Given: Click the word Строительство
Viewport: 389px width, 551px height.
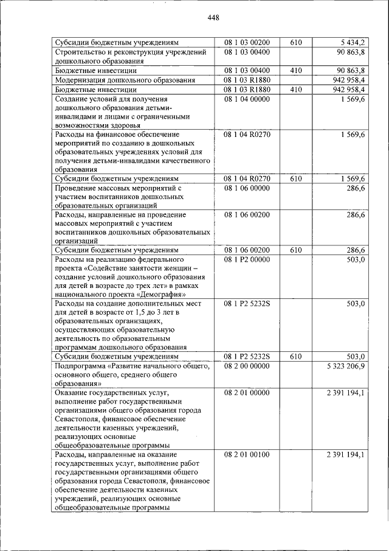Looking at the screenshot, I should [78, 52].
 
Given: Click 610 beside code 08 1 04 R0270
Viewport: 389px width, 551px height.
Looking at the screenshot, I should [296, 179].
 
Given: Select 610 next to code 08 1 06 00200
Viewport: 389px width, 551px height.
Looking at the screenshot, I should [296, 250].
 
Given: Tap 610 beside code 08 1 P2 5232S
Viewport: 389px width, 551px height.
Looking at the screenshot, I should [296, 356].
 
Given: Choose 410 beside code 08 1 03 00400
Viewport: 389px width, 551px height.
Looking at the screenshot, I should [296, 71].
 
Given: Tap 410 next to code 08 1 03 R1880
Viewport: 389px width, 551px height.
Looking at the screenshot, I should [296, 89].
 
